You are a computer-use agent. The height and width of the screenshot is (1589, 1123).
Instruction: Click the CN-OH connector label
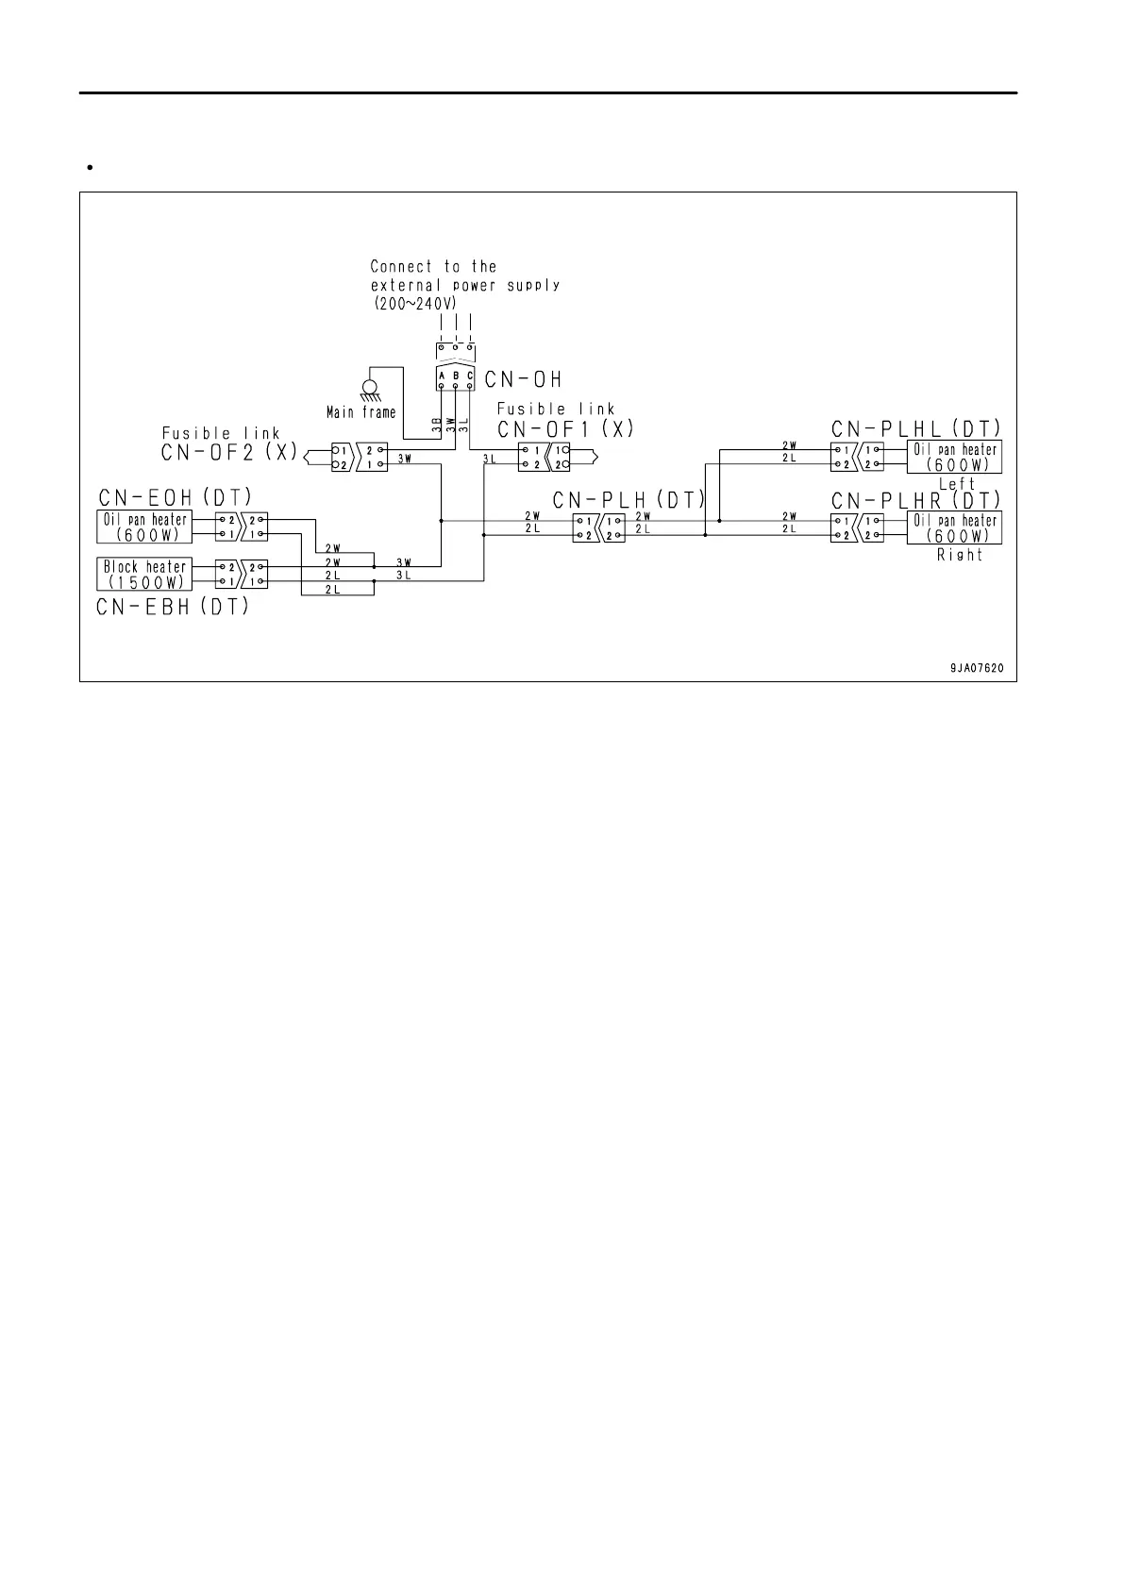(x=523, y=379)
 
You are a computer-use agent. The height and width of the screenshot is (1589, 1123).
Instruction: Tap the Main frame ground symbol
(x=369, y=389)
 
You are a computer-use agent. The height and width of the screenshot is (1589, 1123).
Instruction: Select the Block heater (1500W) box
(x=144, y=574)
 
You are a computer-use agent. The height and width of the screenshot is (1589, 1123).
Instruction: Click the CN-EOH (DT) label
(x=175, y=496)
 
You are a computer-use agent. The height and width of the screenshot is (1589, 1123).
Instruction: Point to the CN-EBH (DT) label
(x=173, y=607)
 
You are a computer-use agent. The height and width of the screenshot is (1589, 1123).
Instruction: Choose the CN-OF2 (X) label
(x=230, y=452)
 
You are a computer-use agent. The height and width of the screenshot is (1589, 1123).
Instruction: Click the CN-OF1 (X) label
(x=566, y=428)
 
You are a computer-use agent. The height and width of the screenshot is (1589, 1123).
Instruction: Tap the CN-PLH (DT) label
(x=629, y=499)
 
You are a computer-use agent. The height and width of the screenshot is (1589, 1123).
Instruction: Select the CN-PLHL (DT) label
(x=915, y=427)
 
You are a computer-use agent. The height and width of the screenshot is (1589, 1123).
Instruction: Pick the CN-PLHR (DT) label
(x=915, y=499)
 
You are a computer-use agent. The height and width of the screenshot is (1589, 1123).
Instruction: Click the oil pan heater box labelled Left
(x=953, y=457)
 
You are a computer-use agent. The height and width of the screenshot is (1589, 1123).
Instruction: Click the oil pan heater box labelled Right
(x=953, y=527)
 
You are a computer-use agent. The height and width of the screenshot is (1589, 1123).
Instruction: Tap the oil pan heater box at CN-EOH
(x=144, y=527)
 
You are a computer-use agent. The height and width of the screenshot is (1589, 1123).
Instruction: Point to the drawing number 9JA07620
(x=976, y=668)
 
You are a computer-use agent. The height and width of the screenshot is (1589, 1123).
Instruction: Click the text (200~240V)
(x=413, y=304)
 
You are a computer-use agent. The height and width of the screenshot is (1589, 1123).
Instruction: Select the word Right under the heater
(x=959, y=555)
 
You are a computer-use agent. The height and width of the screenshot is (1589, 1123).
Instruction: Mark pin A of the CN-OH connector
(x=442, y=375)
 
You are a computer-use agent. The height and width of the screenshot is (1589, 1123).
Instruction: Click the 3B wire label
(x=437, y=425)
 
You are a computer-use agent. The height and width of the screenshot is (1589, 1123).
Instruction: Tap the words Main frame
(x=361, y=412)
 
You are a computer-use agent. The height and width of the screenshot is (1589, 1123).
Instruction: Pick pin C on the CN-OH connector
(x=469, y=375)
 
